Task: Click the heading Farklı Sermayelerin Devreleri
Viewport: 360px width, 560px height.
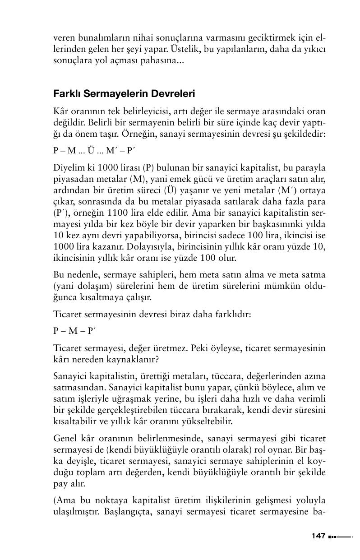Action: tap(124, 95)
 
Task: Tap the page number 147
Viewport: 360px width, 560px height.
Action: tap(318, 536)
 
